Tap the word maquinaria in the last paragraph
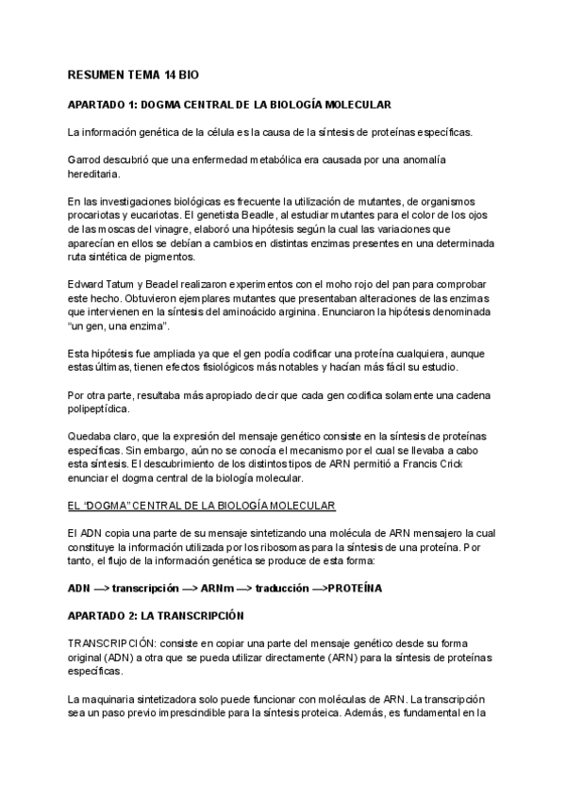coord(114,699)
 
